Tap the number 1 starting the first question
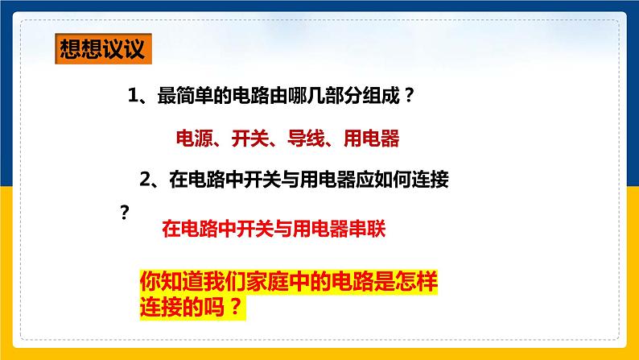pyautogui.click(x=134, y=96)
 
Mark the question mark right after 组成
pyautogui.click(x=407, y=96)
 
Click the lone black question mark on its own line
pyautogui.click(x=124, y=213)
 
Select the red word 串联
pyautogui.click(x=369, y=230)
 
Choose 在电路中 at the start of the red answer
pyautogui.click(x=197, y=230)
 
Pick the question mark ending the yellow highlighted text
pyautogui.click(x=233, y=307)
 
